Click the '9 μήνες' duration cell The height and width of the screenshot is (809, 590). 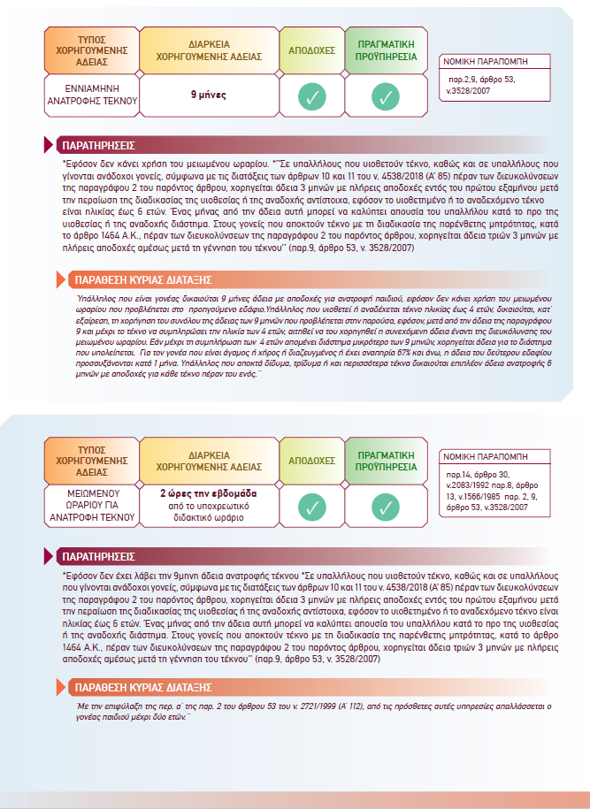point(210,95)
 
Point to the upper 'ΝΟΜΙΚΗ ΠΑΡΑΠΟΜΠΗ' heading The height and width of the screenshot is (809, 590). point(492,63)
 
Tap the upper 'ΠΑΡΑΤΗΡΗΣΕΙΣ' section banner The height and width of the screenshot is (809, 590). point(97,144)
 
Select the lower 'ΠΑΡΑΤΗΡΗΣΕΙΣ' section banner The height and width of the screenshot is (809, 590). point(97,557)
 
